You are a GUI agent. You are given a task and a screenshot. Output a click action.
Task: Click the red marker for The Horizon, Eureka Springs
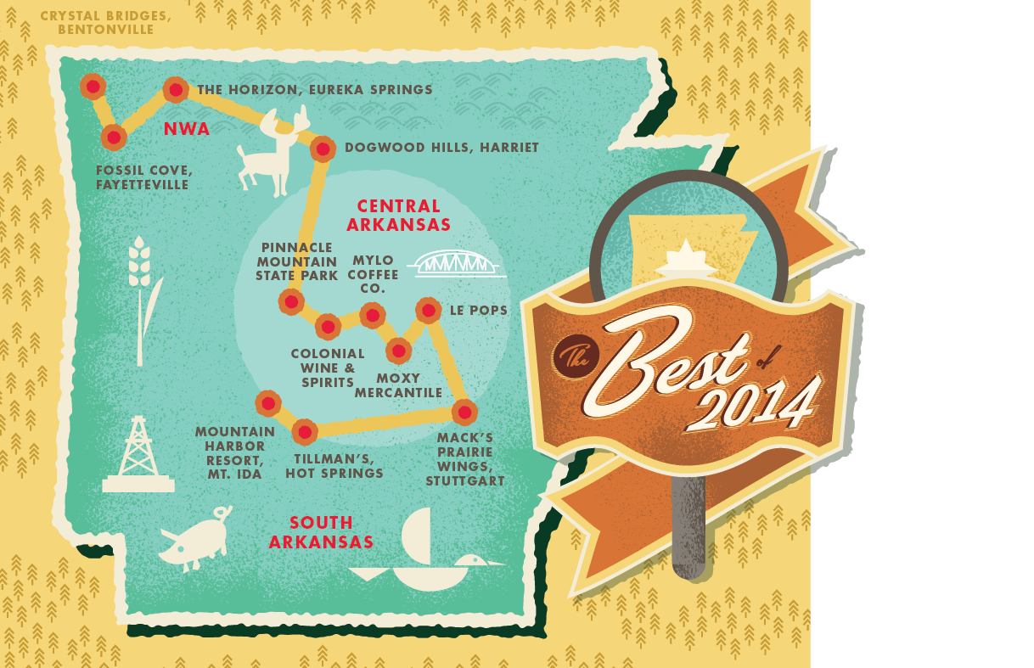tap(176, 89)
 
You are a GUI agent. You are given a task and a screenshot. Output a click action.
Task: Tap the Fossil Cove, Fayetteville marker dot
tap(113, 137)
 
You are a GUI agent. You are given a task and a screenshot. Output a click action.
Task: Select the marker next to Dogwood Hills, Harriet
tap(323, 149)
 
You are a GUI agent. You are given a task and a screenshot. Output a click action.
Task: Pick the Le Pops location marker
tap(428, 311)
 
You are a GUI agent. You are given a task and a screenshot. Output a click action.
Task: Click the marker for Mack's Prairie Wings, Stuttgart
tap(464, 413)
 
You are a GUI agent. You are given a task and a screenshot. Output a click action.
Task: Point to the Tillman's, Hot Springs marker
tap(304, 432)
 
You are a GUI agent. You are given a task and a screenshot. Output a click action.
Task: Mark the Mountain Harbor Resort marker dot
tap(268, 403)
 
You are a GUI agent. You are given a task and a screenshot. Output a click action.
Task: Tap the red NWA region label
tap(187, 129)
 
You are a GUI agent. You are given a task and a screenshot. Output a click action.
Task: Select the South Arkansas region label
tap(321, 532)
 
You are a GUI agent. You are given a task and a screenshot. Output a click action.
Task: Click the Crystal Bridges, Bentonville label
tap(105, 23)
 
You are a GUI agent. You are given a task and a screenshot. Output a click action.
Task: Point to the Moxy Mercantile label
tap(398, 385)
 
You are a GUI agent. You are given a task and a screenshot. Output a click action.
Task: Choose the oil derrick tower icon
tap(138, 455)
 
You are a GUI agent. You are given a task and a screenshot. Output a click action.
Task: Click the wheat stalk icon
tap(141, 297)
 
